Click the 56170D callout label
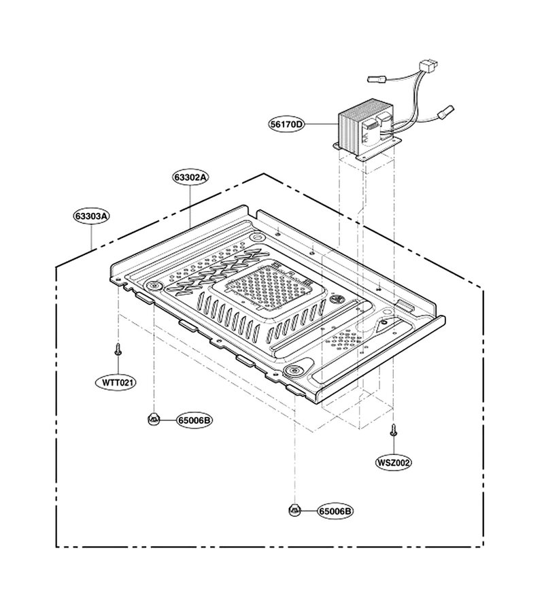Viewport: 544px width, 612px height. point(287,124)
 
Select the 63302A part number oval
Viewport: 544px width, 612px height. point(190,177)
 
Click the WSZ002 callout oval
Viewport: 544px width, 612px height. point(393,462)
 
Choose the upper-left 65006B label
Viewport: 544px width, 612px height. point(194,420)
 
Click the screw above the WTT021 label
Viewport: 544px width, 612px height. point(118,350)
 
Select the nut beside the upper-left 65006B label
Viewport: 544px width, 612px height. point(154,420)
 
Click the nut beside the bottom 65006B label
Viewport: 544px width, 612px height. point(294,510)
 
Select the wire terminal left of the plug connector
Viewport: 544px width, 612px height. point(377,78)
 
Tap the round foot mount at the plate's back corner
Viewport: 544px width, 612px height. point(257,237)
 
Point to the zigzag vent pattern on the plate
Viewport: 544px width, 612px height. point(214,272)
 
